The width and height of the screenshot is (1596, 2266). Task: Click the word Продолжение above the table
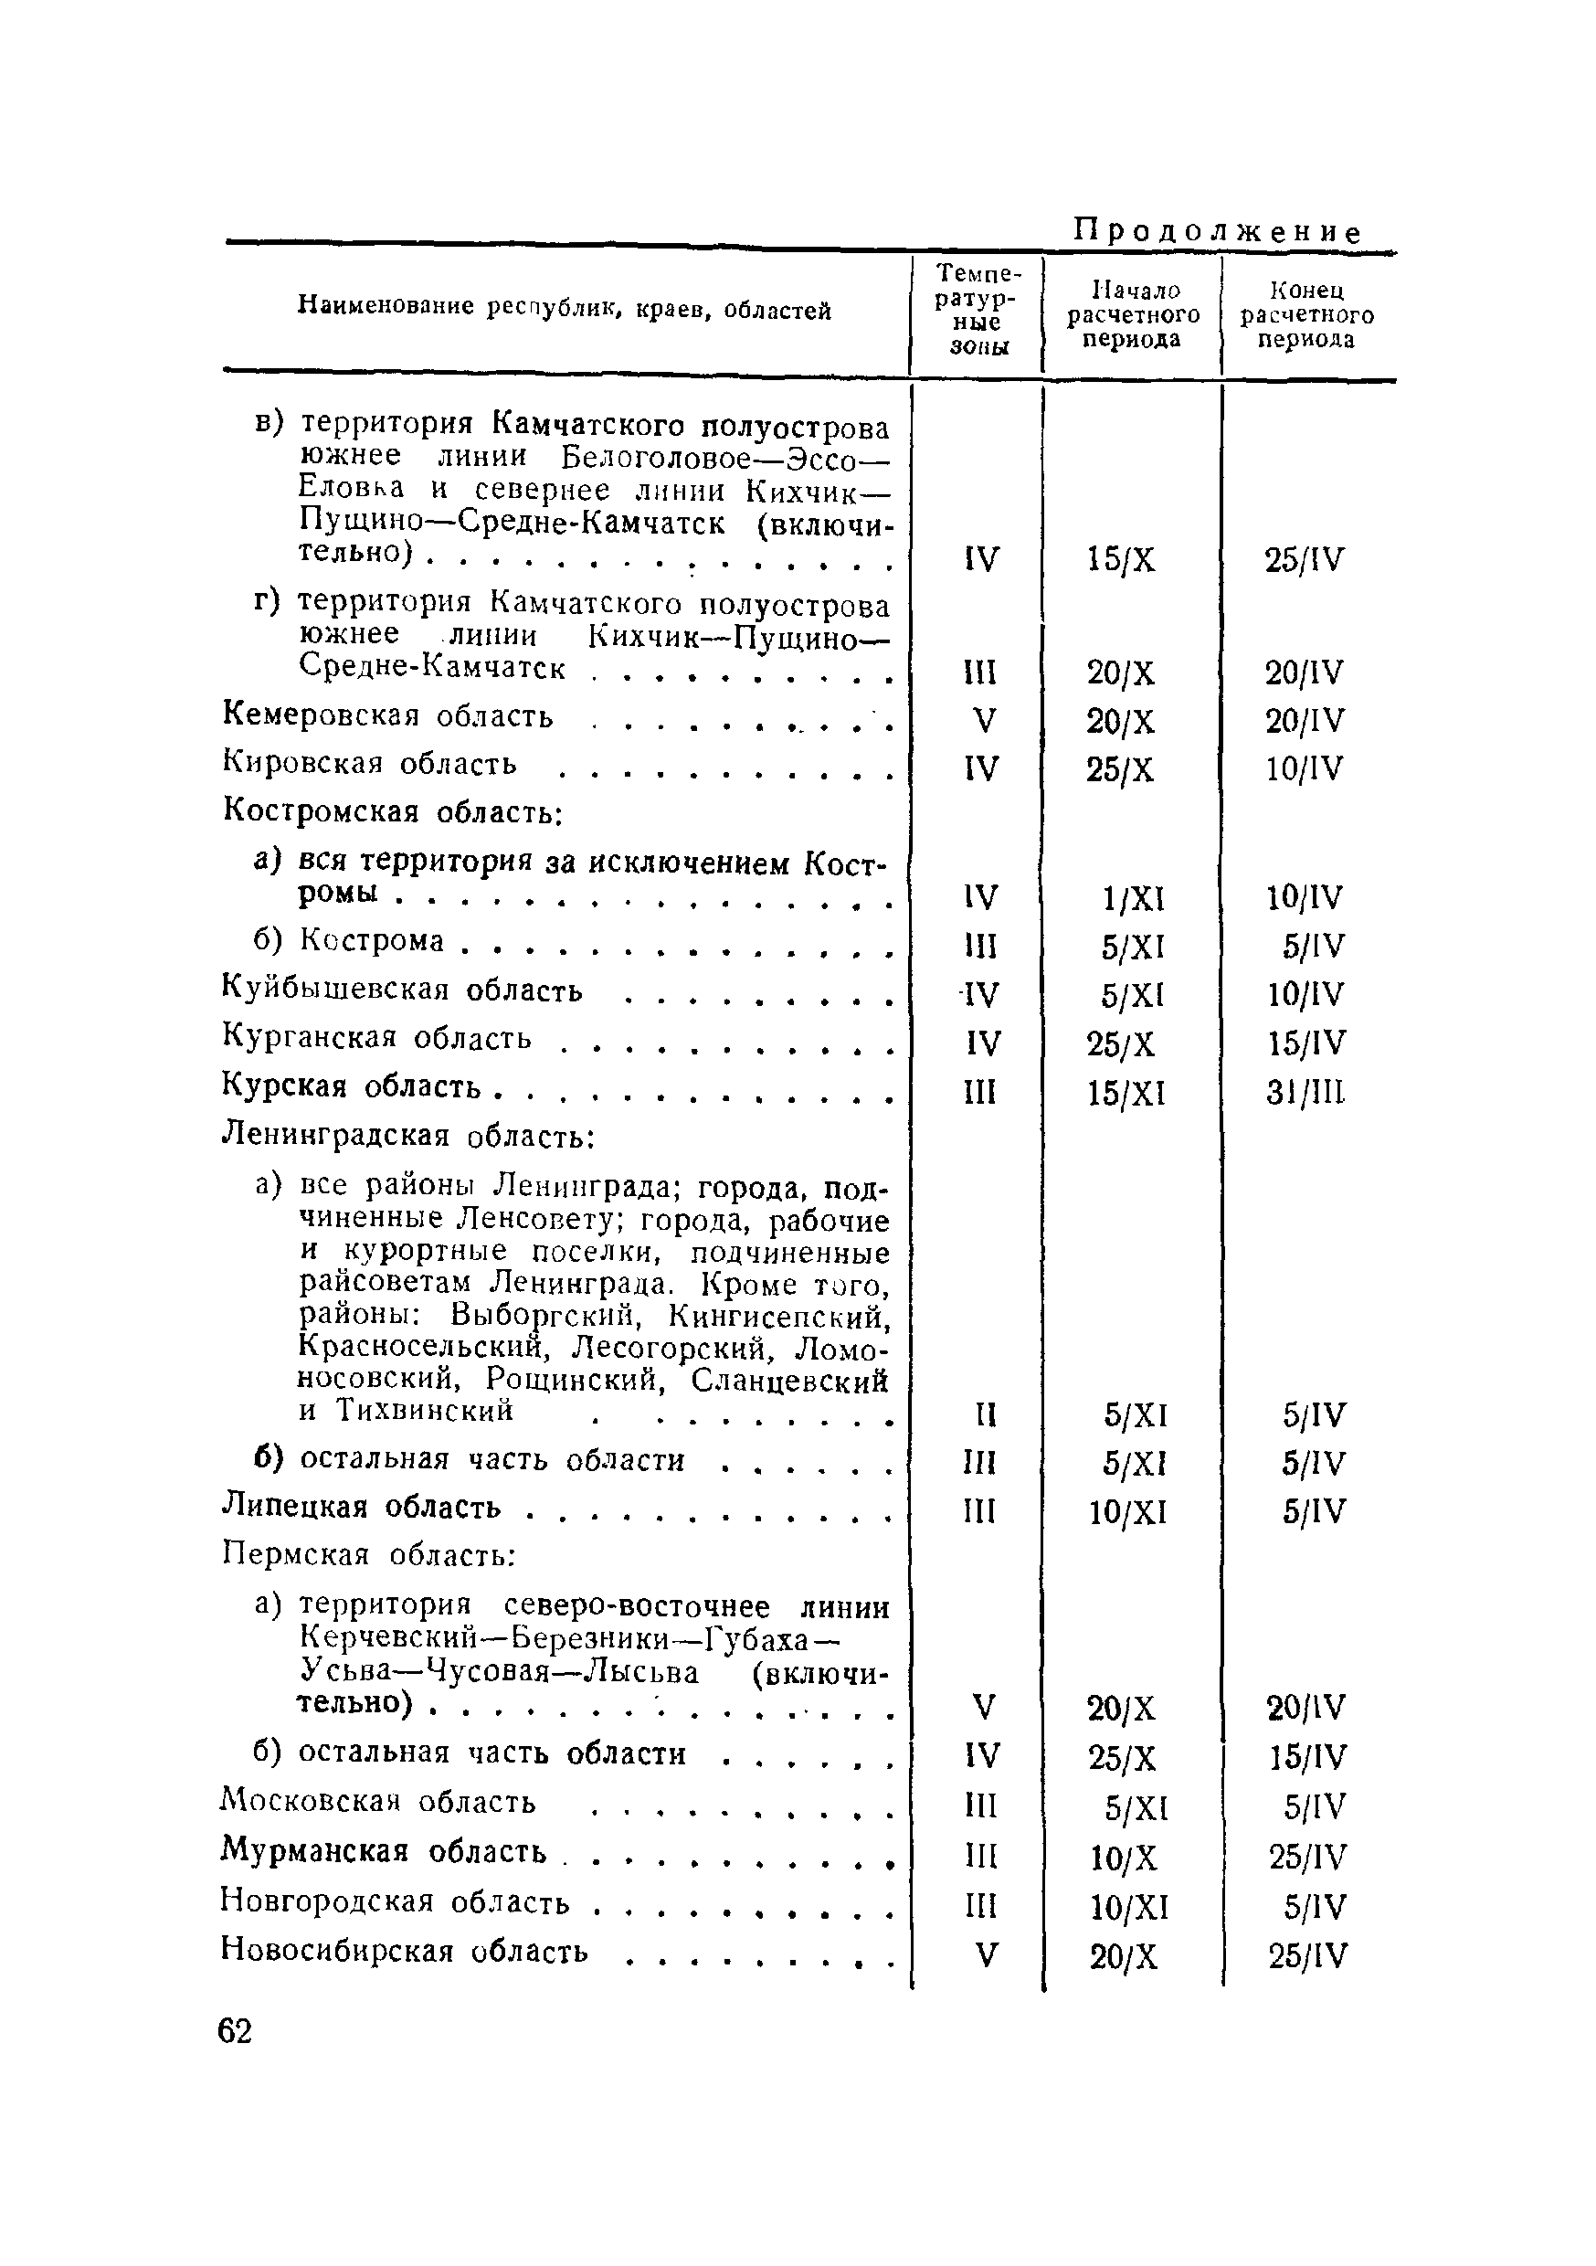1216,232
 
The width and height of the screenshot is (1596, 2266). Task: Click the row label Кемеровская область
388,715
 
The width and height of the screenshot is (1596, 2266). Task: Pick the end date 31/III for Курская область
1305,1094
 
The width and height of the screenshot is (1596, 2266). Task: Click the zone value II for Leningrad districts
979,1416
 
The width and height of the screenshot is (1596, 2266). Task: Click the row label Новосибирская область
404,1950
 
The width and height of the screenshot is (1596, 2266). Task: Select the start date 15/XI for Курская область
1126,1094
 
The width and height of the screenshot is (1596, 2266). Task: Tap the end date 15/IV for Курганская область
1305,1044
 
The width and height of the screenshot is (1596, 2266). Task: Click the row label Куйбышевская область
403,990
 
